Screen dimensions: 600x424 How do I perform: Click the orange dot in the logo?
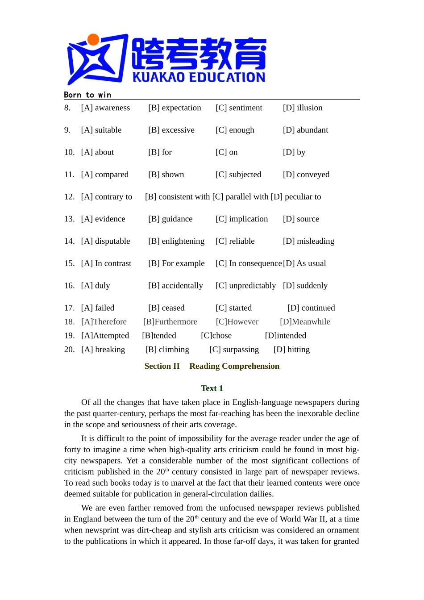tap(93, 40)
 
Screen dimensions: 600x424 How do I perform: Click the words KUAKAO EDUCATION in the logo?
tap(199, 77)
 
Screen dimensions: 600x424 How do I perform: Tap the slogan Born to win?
tap(87, 95)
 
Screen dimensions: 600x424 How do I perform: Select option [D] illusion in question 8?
tap(303, 108)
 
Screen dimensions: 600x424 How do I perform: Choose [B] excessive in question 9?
tap(171, 130)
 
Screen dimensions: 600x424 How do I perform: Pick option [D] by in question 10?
tap(294, 152)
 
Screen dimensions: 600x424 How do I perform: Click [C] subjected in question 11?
tap(238, 175)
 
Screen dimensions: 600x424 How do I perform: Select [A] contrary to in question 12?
tap(107, 197)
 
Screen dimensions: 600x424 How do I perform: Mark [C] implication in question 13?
tap(241, 219)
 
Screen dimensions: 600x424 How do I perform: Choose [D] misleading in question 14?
tap(308, 241)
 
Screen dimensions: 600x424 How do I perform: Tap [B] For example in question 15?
tap(176, 263)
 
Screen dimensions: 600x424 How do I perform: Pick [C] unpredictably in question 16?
tap(245, 286)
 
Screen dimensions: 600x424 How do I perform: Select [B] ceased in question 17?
tap(166, 308)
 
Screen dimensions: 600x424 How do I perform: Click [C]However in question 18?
tap(237, 322)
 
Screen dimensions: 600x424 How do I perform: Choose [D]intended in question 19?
tap(285, 336)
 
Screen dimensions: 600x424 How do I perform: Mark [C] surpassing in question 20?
tap(234, 350)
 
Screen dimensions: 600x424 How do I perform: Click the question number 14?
tap(69, 241)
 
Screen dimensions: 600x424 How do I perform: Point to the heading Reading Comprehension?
tap(234, 366)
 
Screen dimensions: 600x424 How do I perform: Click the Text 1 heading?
tap(212, 388)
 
